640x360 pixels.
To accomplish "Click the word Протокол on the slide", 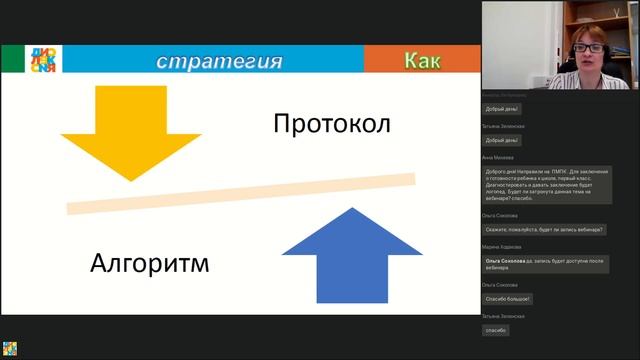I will pyautogui.click(x=330, y=125).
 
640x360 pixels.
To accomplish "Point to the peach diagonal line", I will pyautogui.click(x=240, y=193).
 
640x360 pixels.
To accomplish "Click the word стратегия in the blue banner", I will pyautogui.click(x=219, y=61).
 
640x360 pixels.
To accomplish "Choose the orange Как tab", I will pyautogui.click(x=422, y=61).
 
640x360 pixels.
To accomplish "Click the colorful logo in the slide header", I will pyautogui.click(x=43, y=60).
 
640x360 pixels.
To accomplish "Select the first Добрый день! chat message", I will pyautogui.click(x=502, y=108).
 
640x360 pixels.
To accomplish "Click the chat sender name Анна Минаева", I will pyautogui.click(x=499, y=158).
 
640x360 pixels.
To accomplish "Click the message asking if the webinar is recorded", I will pyautogui.click(x=545, y=229).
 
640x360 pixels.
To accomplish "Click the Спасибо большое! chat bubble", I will pyautogui.click(x=508, y=298).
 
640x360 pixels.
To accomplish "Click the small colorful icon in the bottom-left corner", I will pyautogui.click(x=9, y=350).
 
